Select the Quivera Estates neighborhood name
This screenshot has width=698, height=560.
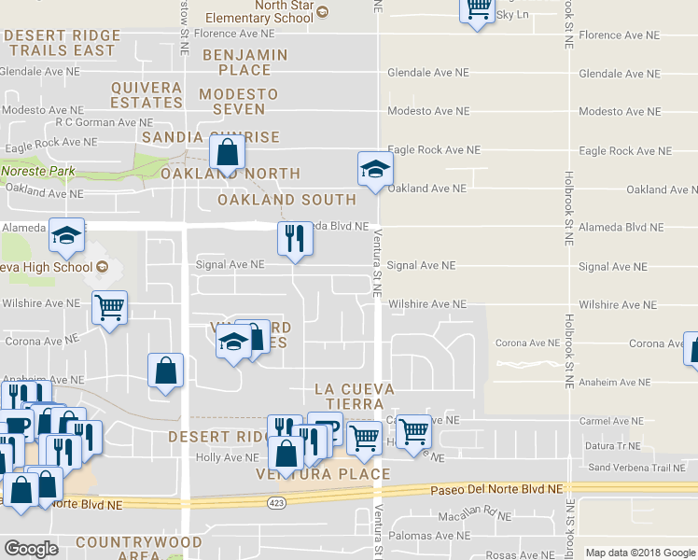pos(147,94)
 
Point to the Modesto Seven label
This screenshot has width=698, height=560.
pos(238,102)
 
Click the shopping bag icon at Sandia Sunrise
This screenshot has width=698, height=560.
pos(227,150)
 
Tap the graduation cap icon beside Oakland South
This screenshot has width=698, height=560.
pos(375,169)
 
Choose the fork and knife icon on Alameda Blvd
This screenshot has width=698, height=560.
pos(295,239)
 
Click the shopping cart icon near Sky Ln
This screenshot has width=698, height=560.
pos(478,9)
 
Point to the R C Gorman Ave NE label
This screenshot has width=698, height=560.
pos(105,122)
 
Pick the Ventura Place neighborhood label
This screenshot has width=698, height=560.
pos(323,474)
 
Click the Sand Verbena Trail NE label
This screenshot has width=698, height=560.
pos(643,468)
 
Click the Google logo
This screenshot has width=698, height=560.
pos(32,549)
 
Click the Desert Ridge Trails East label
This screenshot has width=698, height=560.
pos(62,43)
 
